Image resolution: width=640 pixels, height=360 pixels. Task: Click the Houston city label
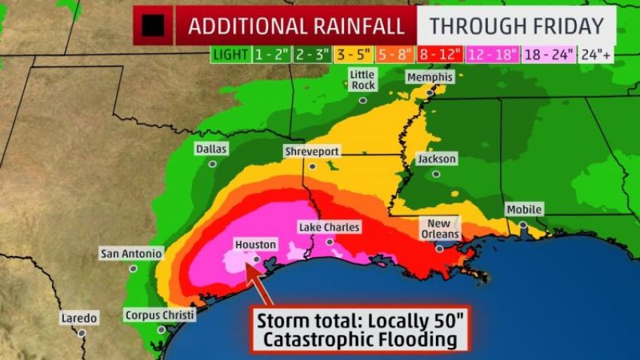255,245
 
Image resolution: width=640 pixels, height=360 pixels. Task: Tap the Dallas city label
211,149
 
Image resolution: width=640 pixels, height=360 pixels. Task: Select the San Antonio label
130,254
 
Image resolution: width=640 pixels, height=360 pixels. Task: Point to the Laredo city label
79,318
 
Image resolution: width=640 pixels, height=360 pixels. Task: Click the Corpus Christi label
160,316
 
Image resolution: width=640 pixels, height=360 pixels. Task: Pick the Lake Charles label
329,227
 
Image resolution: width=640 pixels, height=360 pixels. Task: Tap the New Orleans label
439,229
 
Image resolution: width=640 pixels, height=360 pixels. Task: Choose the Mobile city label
524,209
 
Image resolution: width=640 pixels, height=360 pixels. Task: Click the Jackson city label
436,159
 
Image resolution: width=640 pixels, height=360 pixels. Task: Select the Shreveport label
312,151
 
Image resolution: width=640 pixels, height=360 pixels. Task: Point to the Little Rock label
362,80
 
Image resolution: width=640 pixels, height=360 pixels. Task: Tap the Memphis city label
429,78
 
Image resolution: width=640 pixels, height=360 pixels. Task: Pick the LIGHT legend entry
227,54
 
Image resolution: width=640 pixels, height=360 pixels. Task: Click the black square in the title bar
154,26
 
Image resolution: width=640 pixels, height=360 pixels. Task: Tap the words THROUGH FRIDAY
517,26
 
